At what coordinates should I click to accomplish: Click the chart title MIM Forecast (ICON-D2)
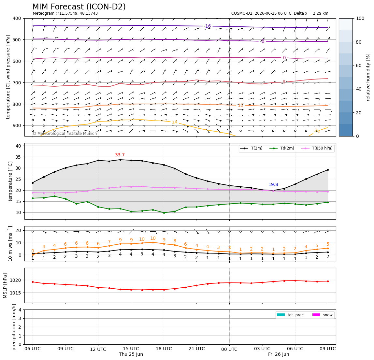79,7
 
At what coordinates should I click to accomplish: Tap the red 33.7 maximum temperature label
120,155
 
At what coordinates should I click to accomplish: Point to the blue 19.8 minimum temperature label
273,184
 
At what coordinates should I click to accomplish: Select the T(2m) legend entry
252,148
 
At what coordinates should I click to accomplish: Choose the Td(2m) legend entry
282,148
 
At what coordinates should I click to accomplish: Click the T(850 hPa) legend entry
317,148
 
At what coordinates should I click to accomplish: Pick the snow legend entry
323,315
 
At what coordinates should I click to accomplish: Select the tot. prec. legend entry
291,315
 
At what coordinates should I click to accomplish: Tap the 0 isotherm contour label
284,58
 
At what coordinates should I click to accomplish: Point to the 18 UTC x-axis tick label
164,349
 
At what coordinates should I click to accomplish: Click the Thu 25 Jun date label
131,354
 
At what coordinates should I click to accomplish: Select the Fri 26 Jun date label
278,354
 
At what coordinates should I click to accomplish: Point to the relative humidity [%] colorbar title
368,77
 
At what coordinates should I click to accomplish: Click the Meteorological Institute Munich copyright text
65,133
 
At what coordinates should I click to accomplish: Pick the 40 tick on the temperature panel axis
19,146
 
